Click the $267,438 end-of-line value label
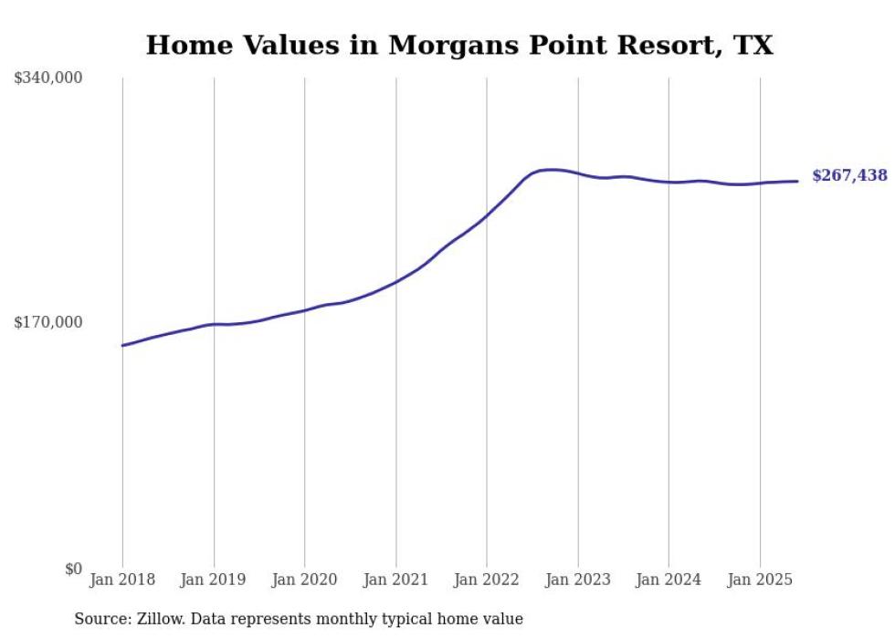point(848,175)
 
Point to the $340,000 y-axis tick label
point(48,78)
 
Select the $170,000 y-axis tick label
point(48,322)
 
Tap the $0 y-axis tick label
point(73,569)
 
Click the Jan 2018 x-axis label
point(122,580)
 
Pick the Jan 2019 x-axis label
point(214,580)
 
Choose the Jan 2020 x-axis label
point(304,580)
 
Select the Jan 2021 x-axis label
point(395,580)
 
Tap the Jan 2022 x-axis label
point(487,580)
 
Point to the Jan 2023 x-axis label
point(578,580)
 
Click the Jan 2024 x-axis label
point(669,580)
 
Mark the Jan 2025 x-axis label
point(760,580)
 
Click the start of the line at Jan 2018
point(122,345)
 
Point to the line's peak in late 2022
point(550,169)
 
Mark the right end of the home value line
point(798,181)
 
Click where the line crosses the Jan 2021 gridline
point(395,282)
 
